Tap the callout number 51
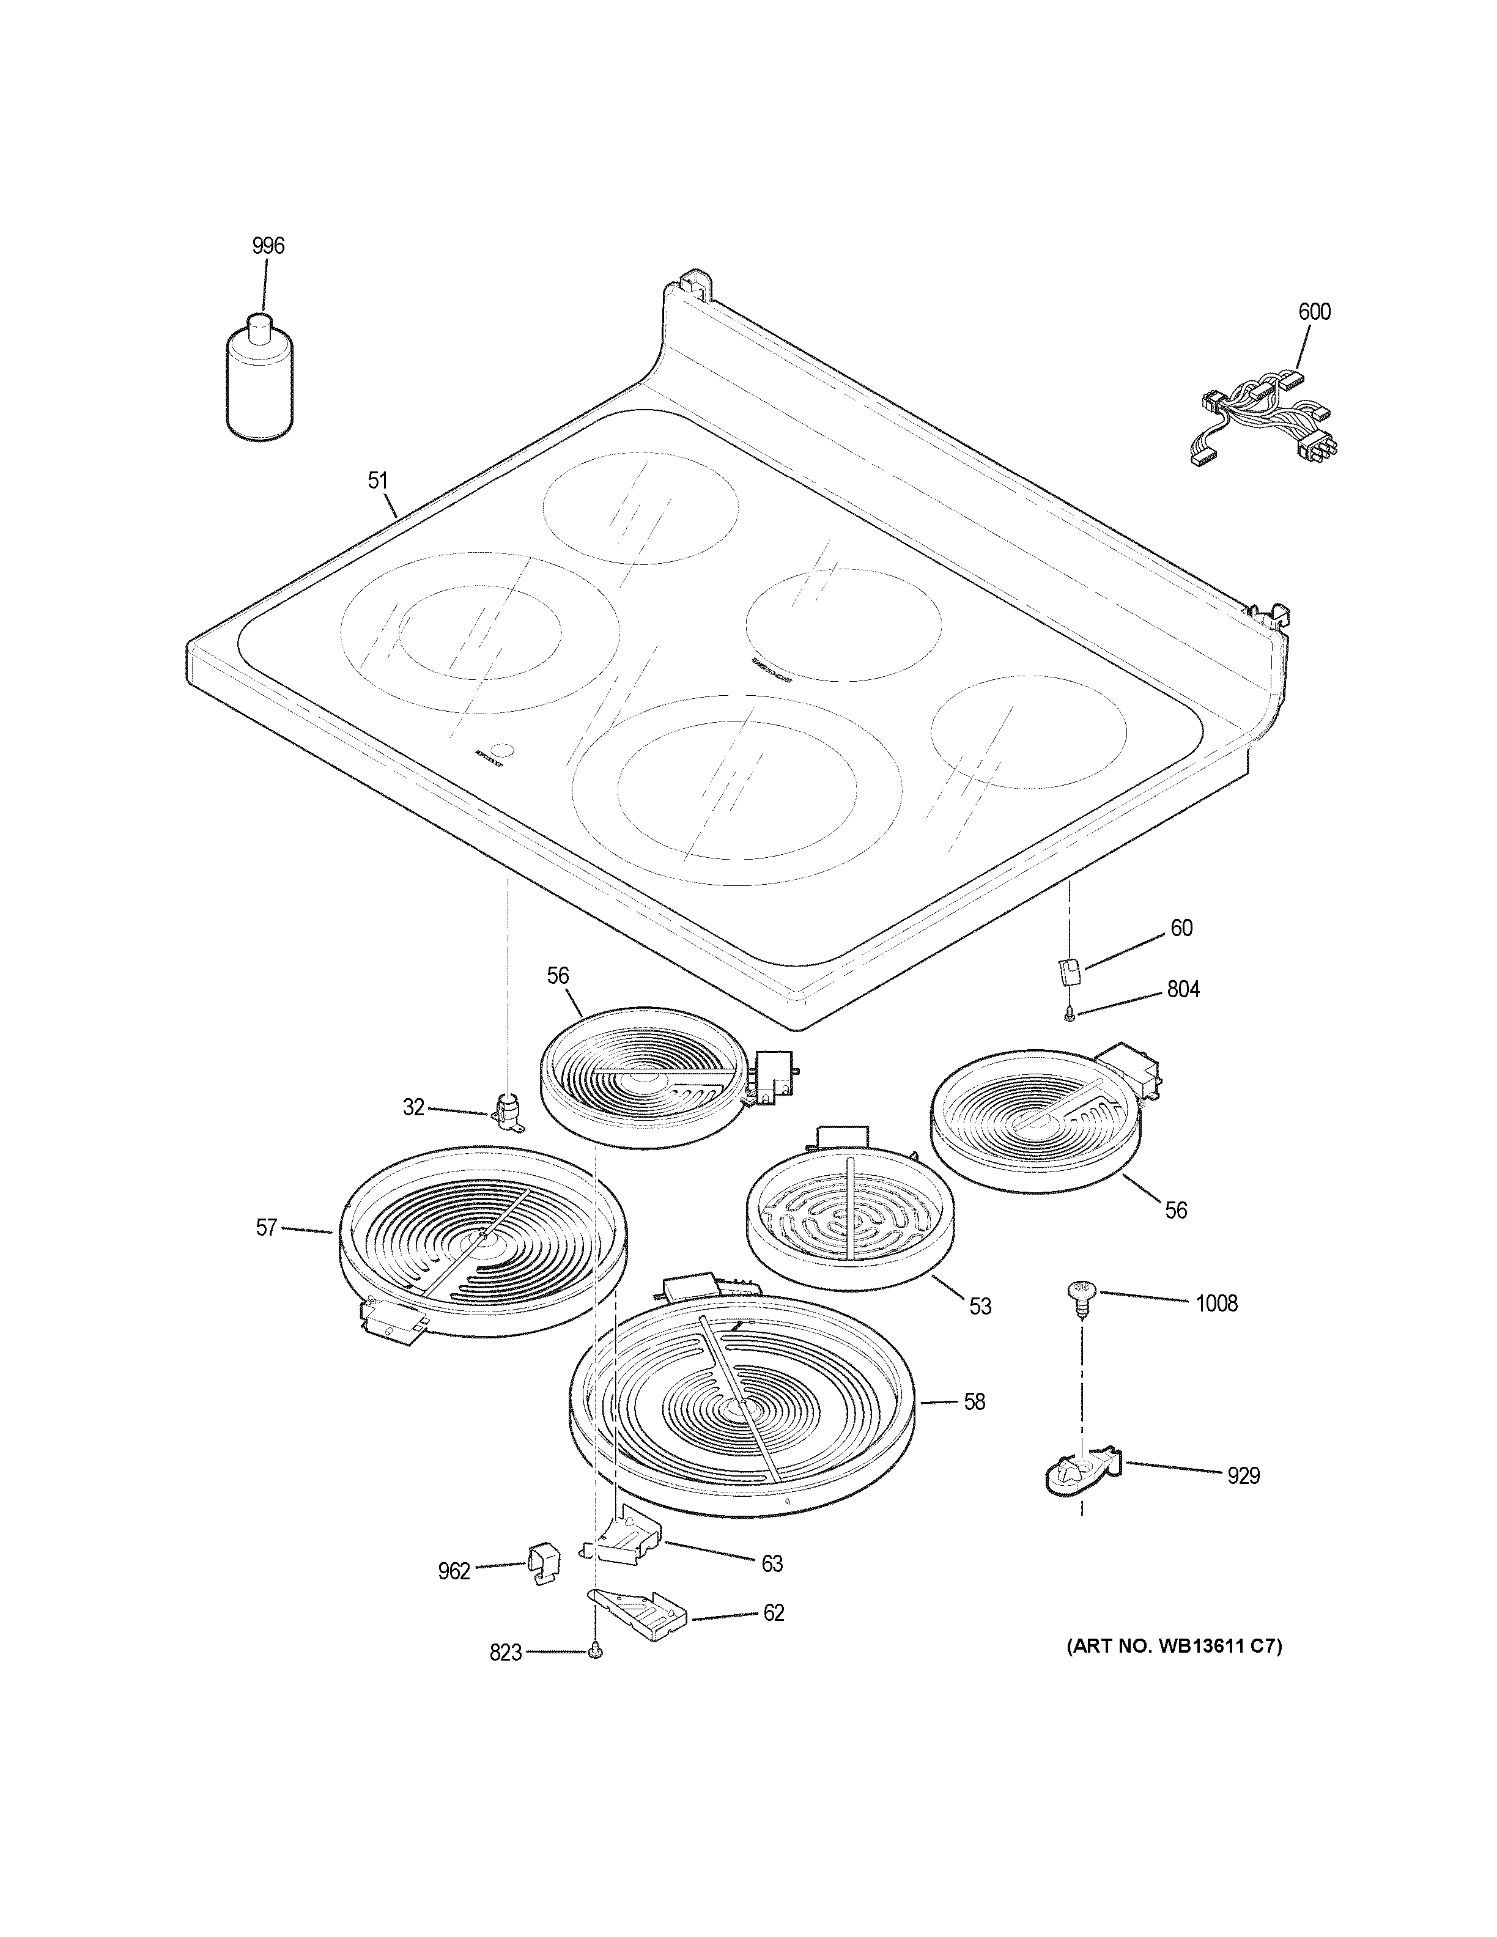coord(378,481)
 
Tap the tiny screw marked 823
coord(595,1650)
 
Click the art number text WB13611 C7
coord(1174,1647)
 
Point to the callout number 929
coord(1243,1476)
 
